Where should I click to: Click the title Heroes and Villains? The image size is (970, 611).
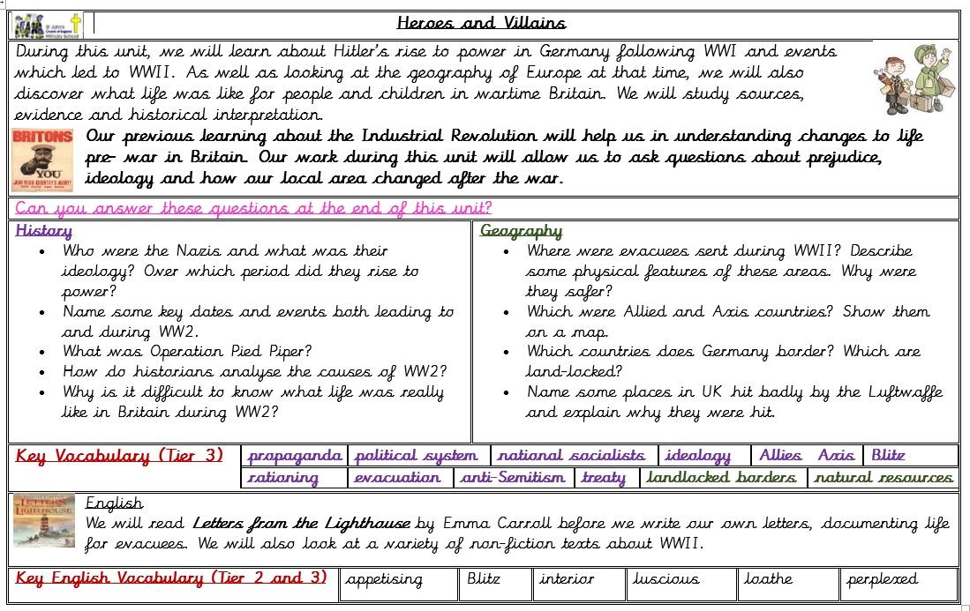[481, 23]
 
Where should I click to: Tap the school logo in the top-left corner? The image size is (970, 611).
[48, 25]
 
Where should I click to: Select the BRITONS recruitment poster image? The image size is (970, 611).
[42, 160]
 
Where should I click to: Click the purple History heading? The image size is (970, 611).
[44, 231]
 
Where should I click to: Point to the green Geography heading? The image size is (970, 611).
[521, 231]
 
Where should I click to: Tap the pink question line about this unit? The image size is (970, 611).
[253, 209]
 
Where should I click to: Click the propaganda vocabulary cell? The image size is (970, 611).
[295, 456]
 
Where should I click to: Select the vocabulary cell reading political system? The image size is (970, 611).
[416, 456]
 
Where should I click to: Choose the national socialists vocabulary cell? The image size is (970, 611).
[571, 456]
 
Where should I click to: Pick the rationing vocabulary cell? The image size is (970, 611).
[283, 478]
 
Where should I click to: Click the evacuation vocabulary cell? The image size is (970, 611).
[397, 478]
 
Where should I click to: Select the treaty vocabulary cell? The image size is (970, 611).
[604, 478]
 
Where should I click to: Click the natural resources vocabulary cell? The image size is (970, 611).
[884, 478]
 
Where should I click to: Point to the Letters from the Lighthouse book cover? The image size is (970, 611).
[43, 521]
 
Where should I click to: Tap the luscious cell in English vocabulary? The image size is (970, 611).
[666, 580]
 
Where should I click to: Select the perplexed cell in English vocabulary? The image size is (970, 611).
[883, 580]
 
